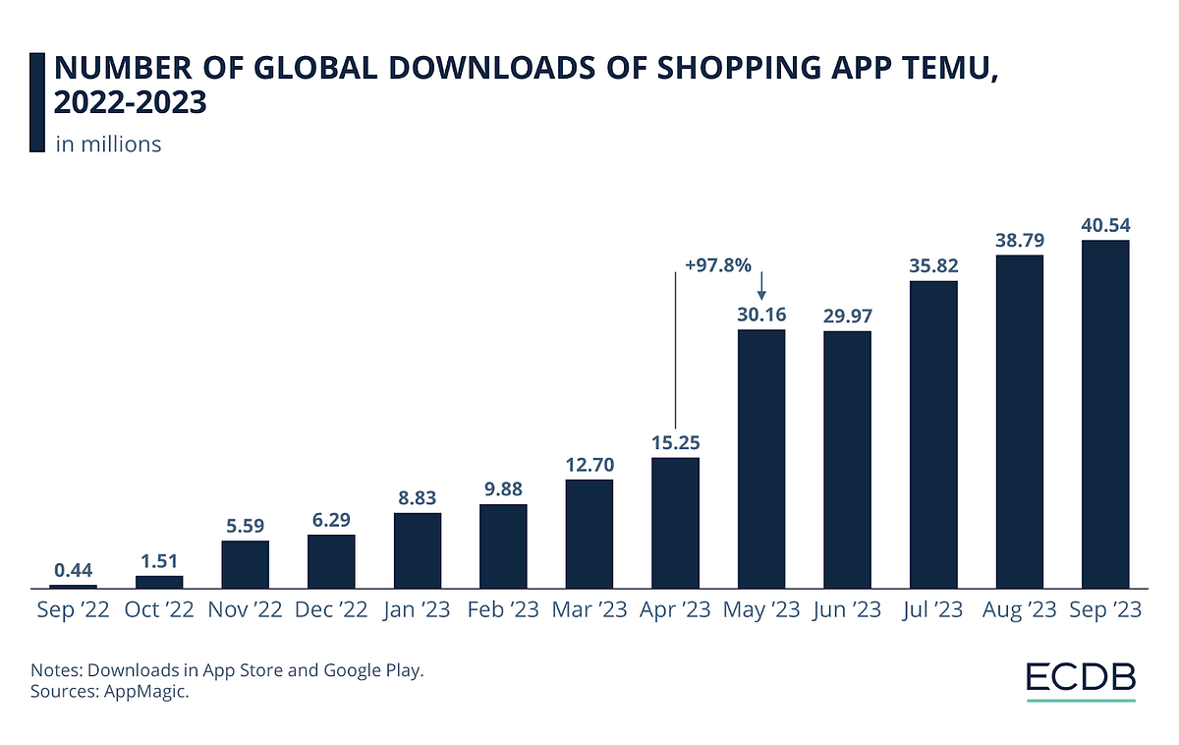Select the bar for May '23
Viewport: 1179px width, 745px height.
tap(761, 458)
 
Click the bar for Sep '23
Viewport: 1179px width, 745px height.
tap(1105, 414)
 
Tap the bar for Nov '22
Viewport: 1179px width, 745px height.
tap(246, 563)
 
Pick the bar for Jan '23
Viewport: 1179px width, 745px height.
tap(418, 549)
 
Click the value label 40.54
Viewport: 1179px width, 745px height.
tap(1105, 225)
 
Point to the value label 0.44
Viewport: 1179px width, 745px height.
tap(74, 570)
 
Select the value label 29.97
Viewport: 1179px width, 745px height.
tap(847, 316)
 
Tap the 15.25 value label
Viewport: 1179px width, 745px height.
tap(676, 442)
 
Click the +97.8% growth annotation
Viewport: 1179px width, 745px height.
tap(717, 264)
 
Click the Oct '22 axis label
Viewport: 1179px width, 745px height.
tap(159, 610)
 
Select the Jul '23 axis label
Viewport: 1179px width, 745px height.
tap(933, 610)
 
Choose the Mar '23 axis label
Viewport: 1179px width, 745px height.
tap(589, 610)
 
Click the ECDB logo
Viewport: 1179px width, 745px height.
tap(1081, 678)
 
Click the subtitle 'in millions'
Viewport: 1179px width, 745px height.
tap(108, 143)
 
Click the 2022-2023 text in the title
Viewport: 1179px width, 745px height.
tap(130, 103)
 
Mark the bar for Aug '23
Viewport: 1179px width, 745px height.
tap(1019, 422)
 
